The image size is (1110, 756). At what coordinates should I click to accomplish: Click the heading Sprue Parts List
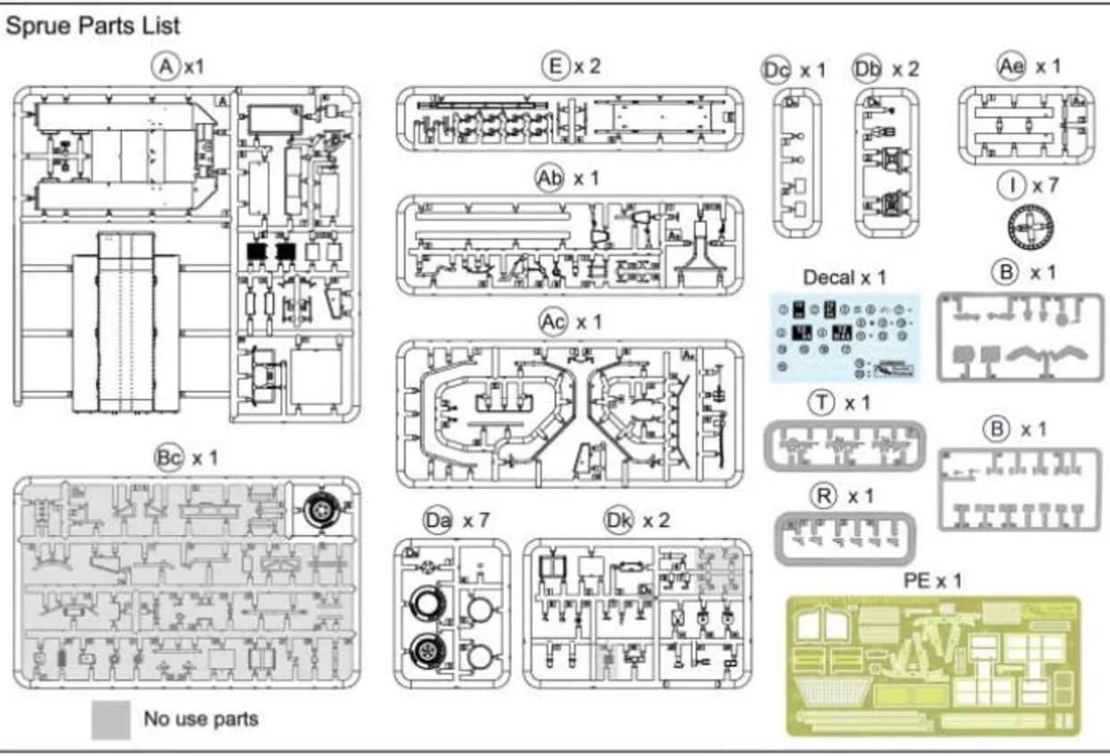click(x=93, y=25)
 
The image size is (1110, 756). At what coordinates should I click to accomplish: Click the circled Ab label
click(x=550, y=178)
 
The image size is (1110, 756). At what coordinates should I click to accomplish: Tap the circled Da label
click(x=438, y=519)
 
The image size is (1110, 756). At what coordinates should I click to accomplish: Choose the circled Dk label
click(x=618, y=519)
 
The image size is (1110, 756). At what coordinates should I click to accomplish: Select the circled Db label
click(x=867, y=69)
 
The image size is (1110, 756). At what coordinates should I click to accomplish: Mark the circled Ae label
click(x=1010, y=66)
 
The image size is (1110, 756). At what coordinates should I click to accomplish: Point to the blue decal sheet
click(x=844, y=336)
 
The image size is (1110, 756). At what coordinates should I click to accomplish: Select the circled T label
click(x=820, y=403)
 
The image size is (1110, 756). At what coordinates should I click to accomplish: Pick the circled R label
click(x=820, y=495)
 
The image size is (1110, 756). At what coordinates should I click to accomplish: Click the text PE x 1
click(x=932, y=582)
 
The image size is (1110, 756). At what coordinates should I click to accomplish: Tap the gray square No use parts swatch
click(x=110, y=719)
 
